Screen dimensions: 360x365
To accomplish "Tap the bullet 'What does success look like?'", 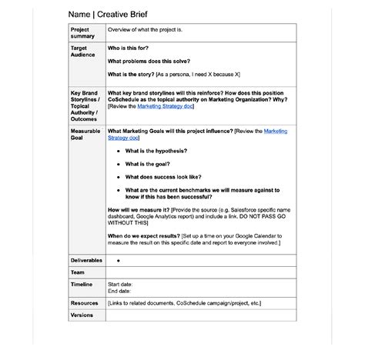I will (162, 177).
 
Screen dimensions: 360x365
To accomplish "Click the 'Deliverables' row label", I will (86, 261).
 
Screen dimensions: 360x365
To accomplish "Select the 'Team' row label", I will (78, 272).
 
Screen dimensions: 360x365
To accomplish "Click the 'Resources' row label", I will (84, 303).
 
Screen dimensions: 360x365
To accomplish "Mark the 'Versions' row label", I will (82, 315).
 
